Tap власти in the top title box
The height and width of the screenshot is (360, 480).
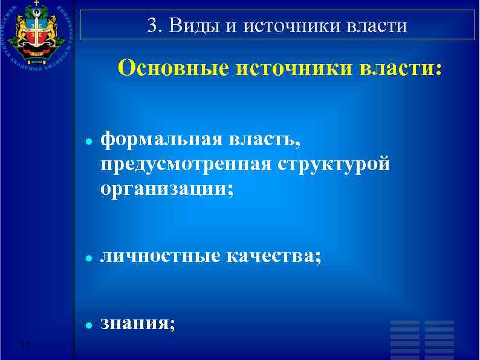[375, 27]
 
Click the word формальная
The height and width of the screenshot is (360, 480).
[161, 140]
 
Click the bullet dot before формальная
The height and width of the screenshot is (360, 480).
[88, 140]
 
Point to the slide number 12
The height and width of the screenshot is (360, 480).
[25, 345]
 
